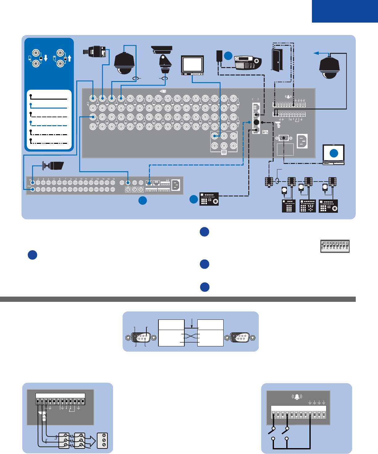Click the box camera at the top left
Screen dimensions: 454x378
(95, 51)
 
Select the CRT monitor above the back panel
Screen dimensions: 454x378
(192, 65)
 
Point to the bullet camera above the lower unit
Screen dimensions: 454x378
(54, 166)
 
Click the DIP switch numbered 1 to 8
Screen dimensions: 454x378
(335, 246)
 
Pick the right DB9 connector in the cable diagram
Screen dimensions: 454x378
(240, 337)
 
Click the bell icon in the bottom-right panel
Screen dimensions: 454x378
(297, 396)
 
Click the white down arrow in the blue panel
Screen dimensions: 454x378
(46, 58)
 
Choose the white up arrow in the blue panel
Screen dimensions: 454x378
(69, 58)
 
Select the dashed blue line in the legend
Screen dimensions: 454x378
(48, 125)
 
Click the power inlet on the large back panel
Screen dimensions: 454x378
(302, 141)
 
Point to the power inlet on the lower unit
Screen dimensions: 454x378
(175, 185)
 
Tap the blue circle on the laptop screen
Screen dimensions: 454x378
(334, 153)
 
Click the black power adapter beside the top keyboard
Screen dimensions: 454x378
(220, 56)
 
